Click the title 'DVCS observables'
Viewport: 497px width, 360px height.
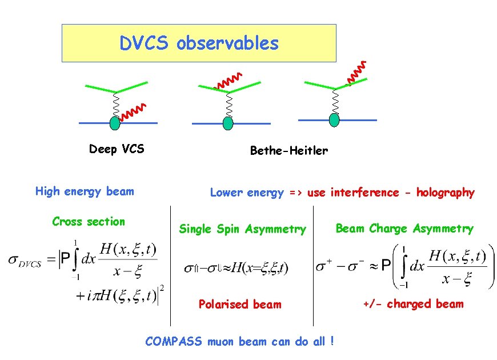click(199, 43)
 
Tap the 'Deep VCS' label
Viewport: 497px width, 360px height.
click(117, 150)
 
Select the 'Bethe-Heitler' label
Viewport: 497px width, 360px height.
click(289, 151)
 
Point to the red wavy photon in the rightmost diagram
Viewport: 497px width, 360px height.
click(357, 71)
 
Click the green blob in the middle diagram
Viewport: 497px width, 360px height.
click(229, 123)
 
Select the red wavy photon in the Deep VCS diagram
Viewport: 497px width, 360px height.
click(135, 113)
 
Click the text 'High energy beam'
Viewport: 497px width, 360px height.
click(85, 191)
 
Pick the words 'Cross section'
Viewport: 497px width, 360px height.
click(89, 222)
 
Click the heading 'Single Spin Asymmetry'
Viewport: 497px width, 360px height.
click(243, 229)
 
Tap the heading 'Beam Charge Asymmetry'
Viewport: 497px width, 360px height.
click(404, 229)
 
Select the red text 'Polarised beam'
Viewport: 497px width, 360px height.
click(240, 305)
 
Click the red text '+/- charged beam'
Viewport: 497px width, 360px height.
click(413, 304)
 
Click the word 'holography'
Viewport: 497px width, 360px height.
click(445, 193)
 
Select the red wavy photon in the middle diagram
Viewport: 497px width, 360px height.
click(228, 82)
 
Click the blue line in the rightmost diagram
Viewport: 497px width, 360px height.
click(360, 120)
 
